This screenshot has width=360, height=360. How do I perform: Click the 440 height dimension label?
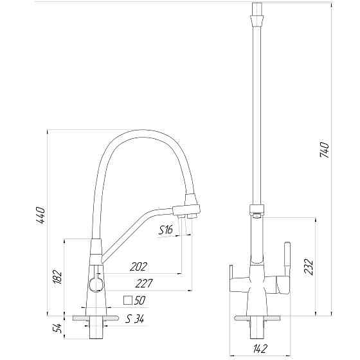[x=40, y=215]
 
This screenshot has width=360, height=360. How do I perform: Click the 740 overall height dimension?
[x=325, y=150]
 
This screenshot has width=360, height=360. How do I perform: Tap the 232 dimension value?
[x=309, y=267]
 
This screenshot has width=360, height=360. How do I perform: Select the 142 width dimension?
[x=260, y=348]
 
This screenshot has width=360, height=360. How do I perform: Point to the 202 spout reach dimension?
[x=138, y=267]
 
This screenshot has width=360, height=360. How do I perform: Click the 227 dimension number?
[x=144, y=283]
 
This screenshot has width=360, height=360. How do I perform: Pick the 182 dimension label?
[x=57, y=277]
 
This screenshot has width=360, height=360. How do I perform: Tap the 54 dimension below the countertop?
[x=57, y=328]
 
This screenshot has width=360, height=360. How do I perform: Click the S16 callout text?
[x=166, y=230]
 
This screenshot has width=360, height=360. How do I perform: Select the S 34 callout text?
[x=134, y=319]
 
